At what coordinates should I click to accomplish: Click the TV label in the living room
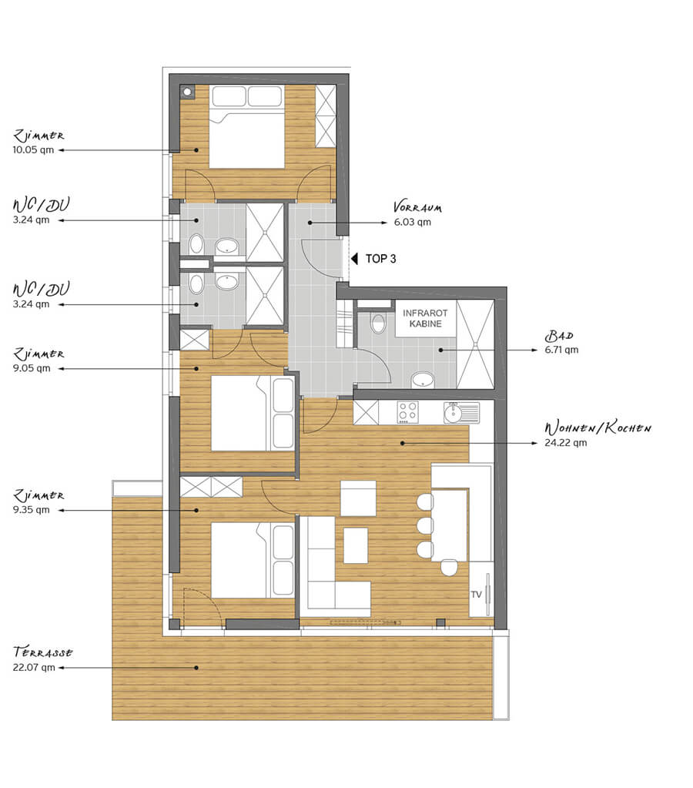[x=476, y=595]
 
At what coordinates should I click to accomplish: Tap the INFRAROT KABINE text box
[x=425, y=319]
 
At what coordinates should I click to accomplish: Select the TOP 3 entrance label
[x=380, y=259]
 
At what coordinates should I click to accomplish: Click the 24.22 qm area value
[x=565, y=443]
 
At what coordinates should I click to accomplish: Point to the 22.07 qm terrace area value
[x=34, y=667]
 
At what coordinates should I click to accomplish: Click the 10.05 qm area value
[x=33, y=149]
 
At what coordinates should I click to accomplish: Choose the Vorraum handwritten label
[x=417, y=207]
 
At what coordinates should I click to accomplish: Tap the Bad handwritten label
[x=559, y=336]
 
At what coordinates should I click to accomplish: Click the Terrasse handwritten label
[x=42, y=652]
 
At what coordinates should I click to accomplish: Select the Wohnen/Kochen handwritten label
[x=598, y=428]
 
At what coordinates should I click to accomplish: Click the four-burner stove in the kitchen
[x=407, y=412]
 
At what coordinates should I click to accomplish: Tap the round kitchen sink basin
[x=454, y=414]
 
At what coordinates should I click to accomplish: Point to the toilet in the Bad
[x=378, y=324]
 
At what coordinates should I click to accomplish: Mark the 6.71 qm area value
[x=561, y=350]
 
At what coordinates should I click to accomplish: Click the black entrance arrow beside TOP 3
[x=354, y=259]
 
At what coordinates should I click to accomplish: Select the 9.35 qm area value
[x=31, y=510]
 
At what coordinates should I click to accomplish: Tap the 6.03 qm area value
[x=412, y=222]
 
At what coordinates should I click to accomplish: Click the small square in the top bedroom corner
[x=187, y=92]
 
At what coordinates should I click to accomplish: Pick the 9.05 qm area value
[x=32, y=368]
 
